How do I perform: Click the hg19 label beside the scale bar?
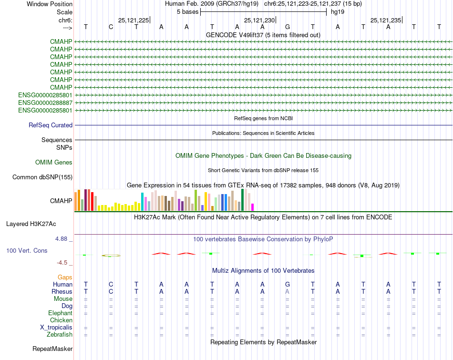pos(338,11)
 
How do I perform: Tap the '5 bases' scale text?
pos(188,11)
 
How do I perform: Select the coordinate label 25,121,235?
pos(386,20)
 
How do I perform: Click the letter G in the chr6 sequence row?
pos(287,27)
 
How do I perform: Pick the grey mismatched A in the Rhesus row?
pos(287,291)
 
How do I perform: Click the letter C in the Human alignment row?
pos(111,284)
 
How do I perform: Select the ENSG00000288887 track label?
pos(45,103)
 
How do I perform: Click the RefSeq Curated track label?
pos(51,125)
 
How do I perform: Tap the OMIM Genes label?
pos(54,163)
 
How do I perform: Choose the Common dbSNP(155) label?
pos(42,177)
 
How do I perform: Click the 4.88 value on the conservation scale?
pos(63,239)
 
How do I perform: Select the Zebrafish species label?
pos(60,335)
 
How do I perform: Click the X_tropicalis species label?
pos(56,328)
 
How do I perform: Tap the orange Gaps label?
pos(65,277)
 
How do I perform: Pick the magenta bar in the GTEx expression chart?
pos(253,207)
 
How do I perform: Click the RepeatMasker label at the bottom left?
pos(52,349)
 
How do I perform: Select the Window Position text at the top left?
pos(50,4)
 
